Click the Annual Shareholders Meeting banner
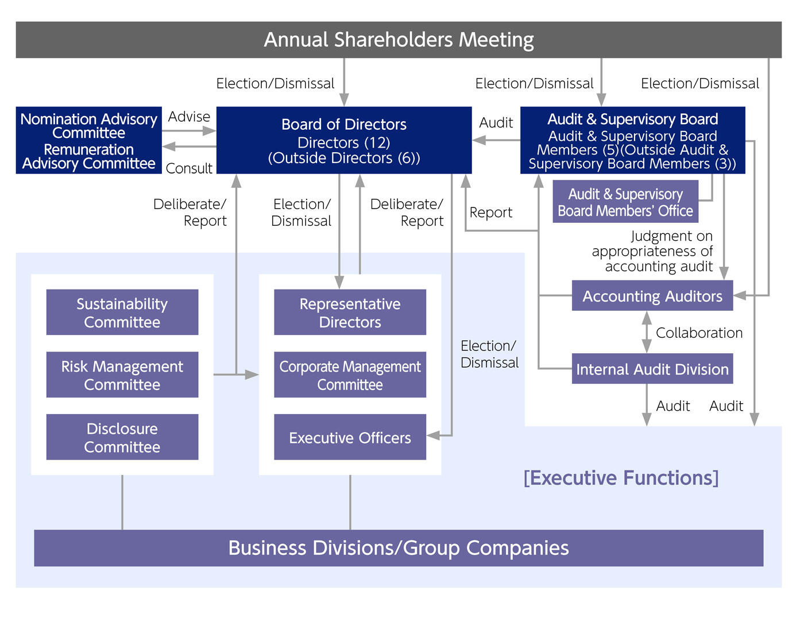(x=399, y=40)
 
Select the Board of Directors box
(x=344, y=140)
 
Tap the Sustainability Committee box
(x=122, y=313)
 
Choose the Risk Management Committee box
(x=122, y=375)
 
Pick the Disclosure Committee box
(x=122, y=437)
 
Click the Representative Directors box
(x=350, y=313)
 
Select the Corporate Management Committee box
(x=350, y=375)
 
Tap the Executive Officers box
(x=350, y=437)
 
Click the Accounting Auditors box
(x=652, y=296)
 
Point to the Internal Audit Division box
(x=652, y=369)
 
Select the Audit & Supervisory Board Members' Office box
(x=625, y=202)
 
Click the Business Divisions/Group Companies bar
(x=399, y=548)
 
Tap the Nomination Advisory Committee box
(x=89, y=126)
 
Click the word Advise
(x=189, y=117)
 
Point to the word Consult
(x=189, y=168)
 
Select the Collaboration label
(x=699, y=333)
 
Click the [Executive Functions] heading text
(x=621, y=477)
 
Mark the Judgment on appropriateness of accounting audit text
(x=653, y=251)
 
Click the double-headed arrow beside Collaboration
(x=647, y=332)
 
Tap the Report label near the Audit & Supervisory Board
(x=490, y=213)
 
